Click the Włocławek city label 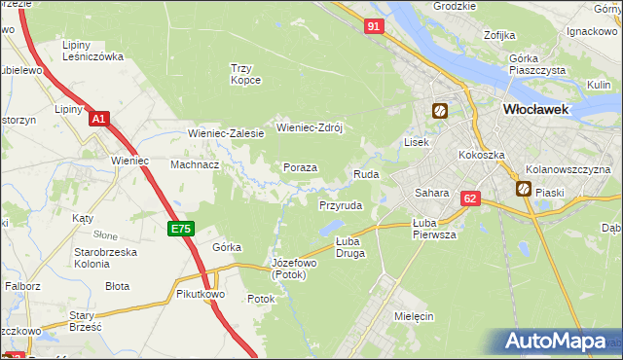click(x=534, y=111)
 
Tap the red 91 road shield click(x=375, y=28)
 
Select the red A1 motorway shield click(x=98, y=119)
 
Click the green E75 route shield click(x=179, y=229)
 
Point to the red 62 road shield click(x=471, y=198)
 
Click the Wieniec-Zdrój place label click(x=311, y=127)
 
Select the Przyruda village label click(x=341, y=206)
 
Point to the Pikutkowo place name click(x=202, y=293)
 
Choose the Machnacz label click(x=194, y=164)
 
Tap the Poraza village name click(x=300, y=167)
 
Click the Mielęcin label click(x=415, y=316)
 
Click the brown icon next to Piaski click(x=524, y=189)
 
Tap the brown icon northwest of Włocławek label click(x=439, y=111)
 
